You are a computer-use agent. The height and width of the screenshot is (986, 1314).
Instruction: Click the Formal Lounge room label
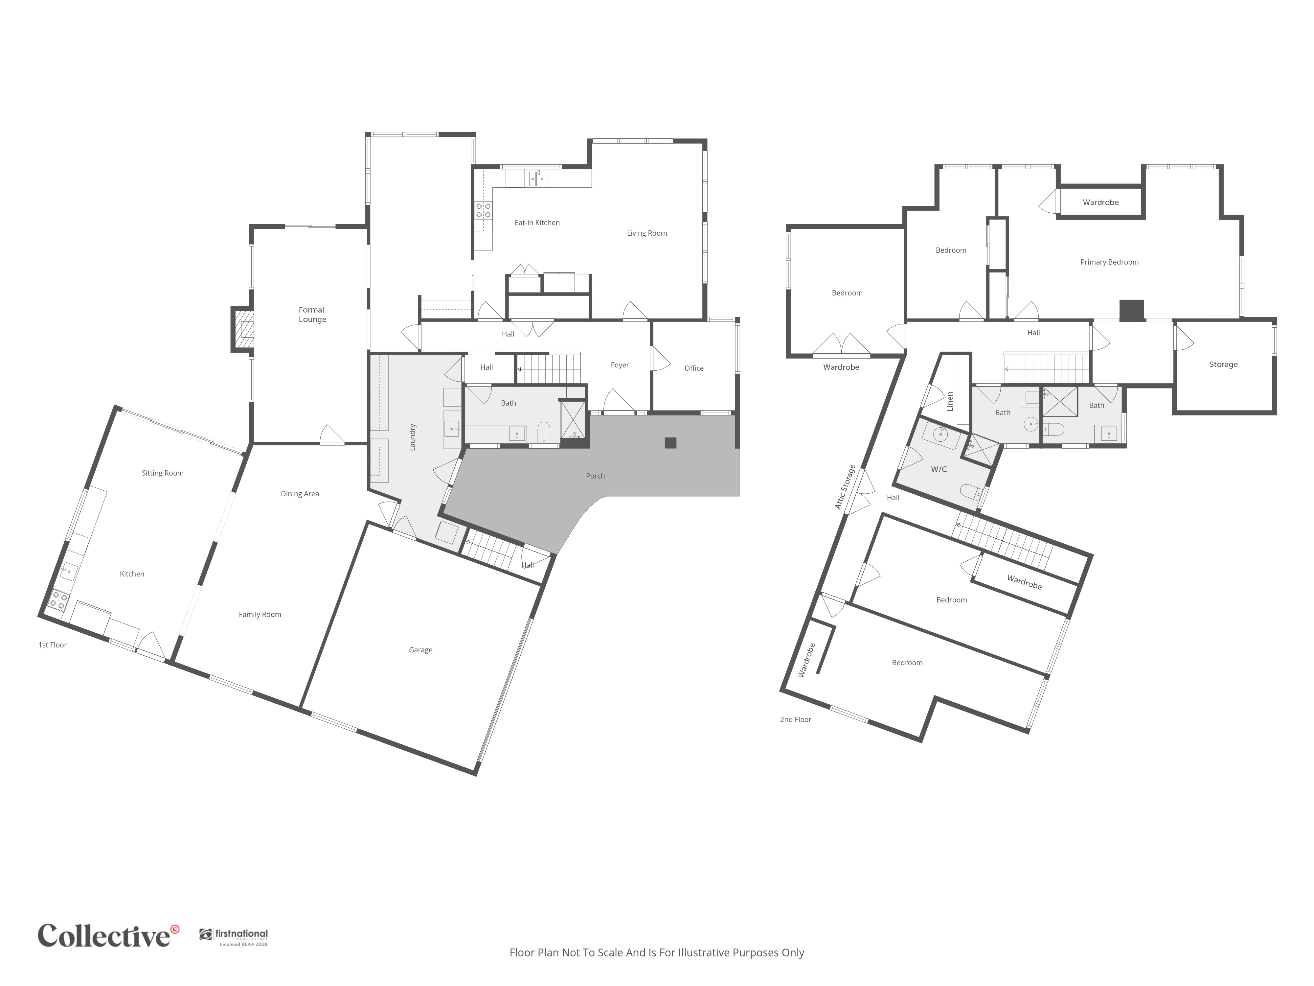coord(312,315)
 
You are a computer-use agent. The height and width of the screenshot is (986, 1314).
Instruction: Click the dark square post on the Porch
coord(671,443)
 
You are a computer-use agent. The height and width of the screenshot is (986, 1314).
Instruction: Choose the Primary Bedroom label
coord(1109,262)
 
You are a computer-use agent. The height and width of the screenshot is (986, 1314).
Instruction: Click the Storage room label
coord(1224,364)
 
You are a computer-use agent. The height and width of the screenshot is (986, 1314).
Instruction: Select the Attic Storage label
coord(845,487)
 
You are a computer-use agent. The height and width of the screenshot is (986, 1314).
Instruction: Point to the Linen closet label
coord(950,401)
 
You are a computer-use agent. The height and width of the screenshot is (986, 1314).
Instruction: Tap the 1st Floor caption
coord(53,645)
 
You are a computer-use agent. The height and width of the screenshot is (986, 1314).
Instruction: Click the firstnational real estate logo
coord(234,937)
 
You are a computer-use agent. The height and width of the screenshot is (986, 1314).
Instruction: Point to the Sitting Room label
coord(162,473)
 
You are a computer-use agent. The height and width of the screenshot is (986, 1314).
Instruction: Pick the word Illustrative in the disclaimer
coord(704,953)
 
